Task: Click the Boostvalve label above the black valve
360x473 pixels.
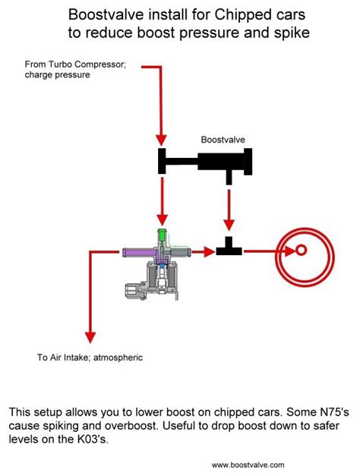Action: tap(223, 140)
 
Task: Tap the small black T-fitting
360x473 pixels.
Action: tap(227, 250)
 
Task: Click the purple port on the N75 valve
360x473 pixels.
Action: tap(137, 251)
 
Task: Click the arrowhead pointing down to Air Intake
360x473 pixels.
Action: tap(90, 337)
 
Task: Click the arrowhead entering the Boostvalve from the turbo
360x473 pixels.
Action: tap(160, 140)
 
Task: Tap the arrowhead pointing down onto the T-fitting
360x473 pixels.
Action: tap(227, 227)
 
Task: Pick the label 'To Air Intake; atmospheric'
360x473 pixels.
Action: tap(89, 357)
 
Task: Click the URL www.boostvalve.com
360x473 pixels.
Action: tap(248, 465)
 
